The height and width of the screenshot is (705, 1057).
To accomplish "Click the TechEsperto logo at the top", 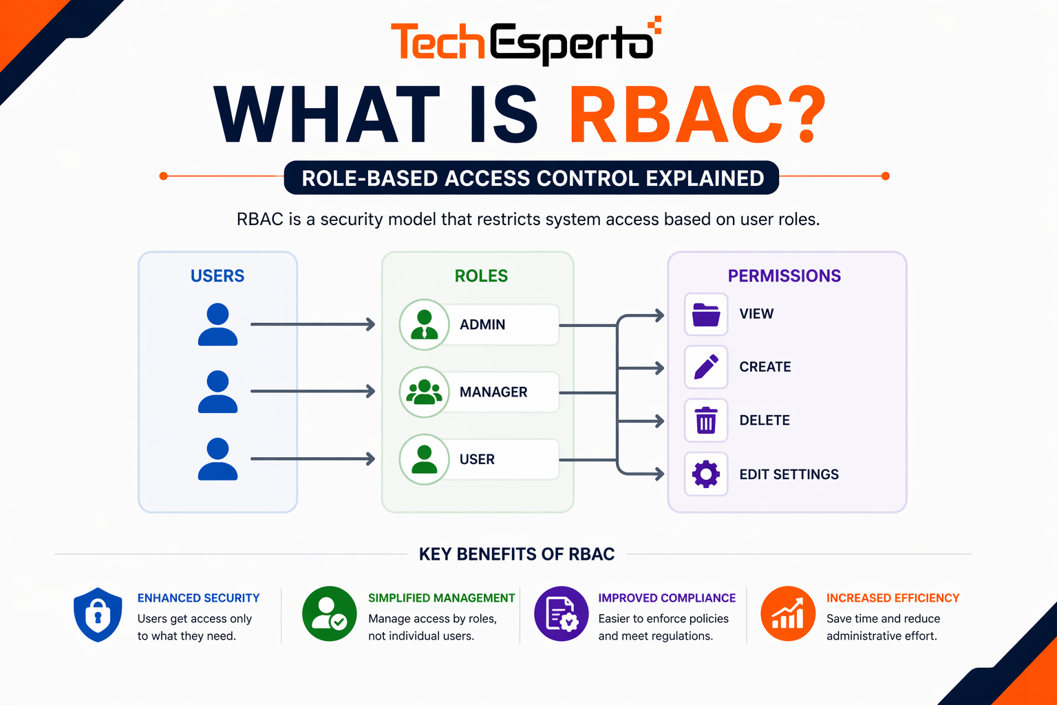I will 525,42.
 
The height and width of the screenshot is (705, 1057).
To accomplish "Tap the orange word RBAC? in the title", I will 696,116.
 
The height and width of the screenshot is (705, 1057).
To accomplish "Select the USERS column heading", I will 217,276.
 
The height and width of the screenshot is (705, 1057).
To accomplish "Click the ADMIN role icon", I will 425,324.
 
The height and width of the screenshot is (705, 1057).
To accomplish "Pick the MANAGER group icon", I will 425,392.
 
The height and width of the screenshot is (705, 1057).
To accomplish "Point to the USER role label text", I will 477,459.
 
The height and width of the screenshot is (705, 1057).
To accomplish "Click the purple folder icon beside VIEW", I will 706,315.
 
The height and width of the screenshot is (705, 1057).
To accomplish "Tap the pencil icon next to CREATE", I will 706,367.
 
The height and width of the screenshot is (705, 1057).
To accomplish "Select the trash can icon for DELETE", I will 706,421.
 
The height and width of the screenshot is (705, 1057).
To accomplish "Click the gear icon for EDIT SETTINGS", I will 706,474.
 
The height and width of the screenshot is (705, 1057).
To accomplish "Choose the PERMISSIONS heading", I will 784,276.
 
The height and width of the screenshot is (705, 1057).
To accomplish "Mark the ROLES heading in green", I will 481,276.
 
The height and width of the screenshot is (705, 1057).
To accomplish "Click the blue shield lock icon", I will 98,614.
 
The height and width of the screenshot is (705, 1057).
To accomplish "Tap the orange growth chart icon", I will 788,613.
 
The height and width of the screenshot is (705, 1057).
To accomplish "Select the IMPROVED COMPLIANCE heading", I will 667,598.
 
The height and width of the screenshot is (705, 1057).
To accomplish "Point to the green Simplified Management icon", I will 330,613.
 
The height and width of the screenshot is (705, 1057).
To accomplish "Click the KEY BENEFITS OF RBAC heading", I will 517,554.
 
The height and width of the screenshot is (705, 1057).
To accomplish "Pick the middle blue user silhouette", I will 217,392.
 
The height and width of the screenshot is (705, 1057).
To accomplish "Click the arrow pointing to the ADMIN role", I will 313,324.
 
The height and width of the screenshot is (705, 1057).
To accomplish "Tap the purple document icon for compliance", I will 562,613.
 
